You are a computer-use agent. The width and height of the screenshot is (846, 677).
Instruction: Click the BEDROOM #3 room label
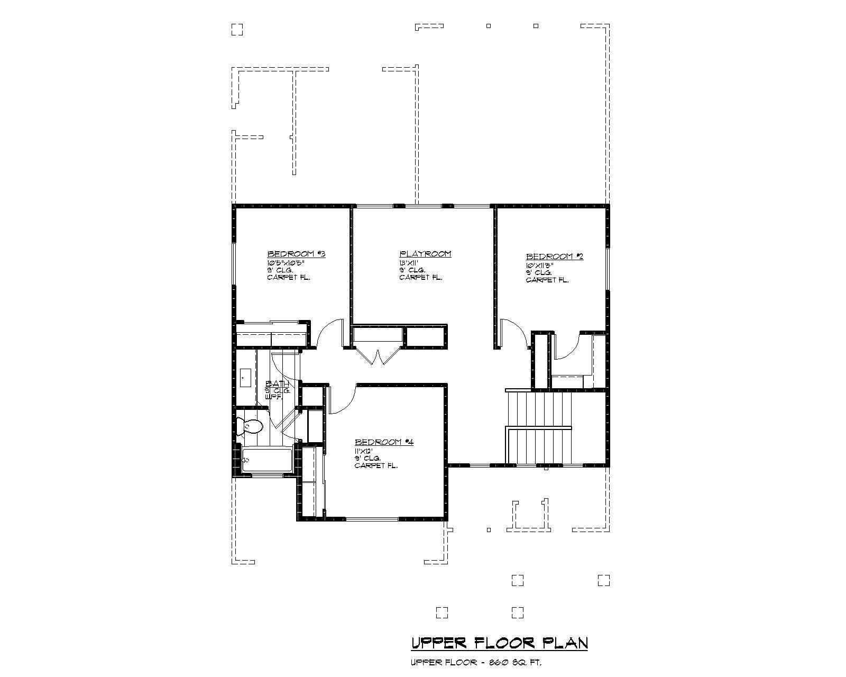click(296, 254)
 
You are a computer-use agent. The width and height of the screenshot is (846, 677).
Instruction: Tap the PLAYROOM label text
click(425, 254)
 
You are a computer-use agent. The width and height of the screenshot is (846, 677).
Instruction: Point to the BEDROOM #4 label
click(383, 442)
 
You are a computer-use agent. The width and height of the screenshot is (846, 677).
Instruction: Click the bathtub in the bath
click(267, 459)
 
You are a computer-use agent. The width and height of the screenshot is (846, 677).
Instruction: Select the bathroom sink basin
click(245, 378)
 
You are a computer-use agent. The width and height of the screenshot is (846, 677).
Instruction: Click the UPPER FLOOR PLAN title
click(499, 643)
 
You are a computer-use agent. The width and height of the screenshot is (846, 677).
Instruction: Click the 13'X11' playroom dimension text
click(409, 262)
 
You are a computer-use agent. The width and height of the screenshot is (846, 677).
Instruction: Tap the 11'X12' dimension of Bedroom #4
click(364, 451)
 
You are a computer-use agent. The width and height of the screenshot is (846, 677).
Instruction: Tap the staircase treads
click(539, 426)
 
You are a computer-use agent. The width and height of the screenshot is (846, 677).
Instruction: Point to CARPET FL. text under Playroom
click(420, 277)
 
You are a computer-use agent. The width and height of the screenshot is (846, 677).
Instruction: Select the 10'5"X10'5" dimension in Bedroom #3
click(286, 262)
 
